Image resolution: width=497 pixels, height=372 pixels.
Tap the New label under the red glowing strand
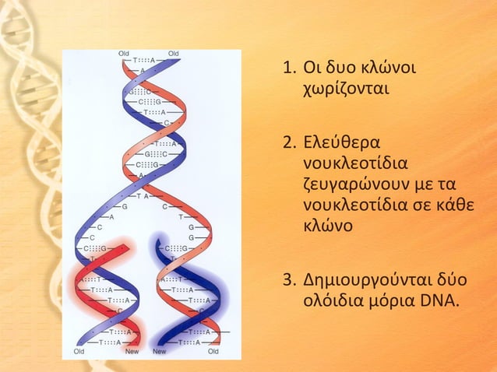pyautogui.click(x=133, y=351)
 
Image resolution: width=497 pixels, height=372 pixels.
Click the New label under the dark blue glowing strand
pyautogui.click(x=159, y=351)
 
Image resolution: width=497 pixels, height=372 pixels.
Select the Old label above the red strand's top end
pyautogui.click(x=124, y=54)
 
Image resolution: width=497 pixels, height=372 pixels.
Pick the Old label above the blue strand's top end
pyautogui.click(x=173, y=54)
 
